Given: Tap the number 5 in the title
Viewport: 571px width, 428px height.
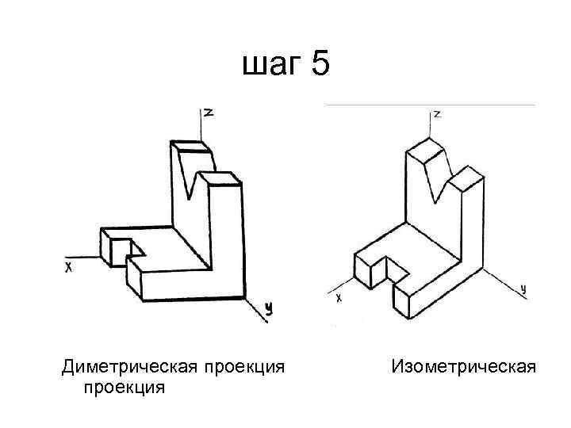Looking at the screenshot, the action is click(320, 63).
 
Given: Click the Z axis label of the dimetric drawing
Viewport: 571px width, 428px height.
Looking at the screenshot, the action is click(209, 113).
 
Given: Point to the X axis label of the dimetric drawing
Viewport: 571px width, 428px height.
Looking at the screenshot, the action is click(69, 269).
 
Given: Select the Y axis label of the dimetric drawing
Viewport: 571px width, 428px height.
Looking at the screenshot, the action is click(269, 309).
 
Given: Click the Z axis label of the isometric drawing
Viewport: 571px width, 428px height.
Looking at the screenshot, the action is click(437, 114).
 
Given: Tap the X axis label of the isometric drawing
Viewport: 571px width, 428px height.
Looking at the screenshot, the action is click(339, 298).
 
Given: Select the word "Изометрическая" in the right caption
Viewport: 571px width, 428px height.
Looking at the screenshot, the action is click(463, 367).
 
